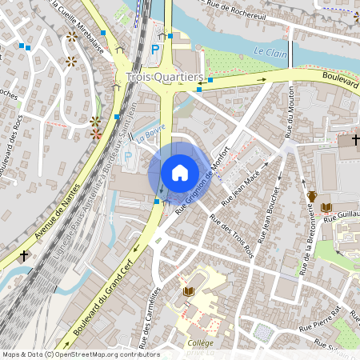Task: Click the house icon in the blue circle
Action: [179, 172]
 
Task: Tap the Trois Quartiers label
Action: [165, 78]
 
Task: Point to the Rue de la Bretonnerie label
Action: [306, 240]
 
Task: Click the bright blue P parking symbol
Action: [155, 50]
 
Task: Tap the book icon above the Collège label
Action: [190, 292]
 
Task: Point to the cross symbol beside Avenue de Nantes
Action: [24, 256]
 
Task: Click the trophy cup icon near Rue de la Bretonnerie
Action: [313, 196]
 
